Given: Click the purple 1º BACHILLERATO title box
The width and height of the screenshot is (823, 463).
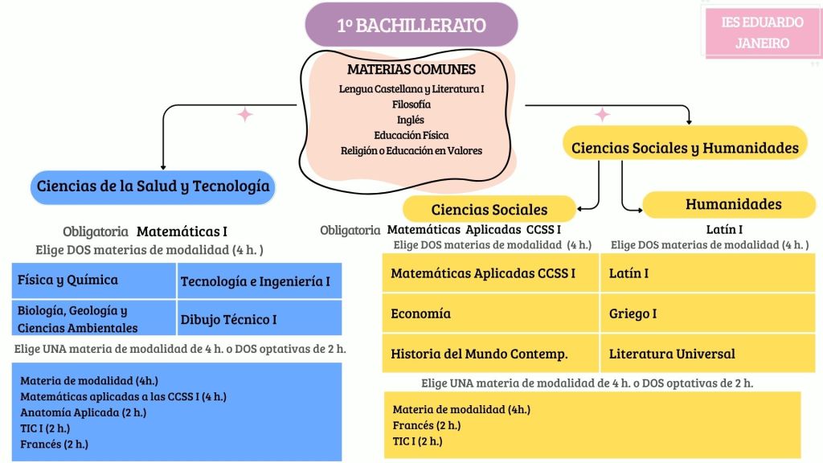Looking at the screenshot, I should coord(411,25).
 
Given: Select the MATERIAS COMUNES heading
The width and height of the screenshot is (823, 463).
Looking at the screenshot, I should coord(411,70).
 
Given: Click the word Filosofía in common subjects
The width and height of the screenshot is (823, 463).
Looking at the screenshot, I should coord(411,104).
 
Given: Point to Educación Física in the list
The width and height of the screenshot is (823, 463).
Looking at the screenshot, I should coord(411,135).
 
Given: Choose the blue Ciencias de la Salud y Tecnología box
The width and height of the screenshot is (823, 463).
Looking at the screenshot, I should coord(154,187).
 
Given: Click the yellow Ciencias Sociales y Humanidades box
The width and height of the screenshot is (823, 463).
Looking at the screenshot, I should coord(685,148).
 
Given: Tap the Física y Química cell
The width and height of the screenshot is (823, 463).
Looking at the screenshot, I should coord(95,281).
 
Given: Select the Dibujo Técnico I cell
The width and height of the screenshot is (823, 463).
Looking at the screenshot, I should coord(259,319).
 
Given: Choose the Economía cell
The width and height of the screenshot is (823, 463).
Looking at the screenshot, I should coord(491,313).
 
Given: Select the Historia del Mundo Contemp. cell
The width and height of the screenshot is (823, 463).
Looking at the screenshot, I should coord(491,354).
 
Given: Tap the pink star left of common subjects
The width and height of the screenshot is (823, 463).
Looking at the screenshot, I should coord(245,115).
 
